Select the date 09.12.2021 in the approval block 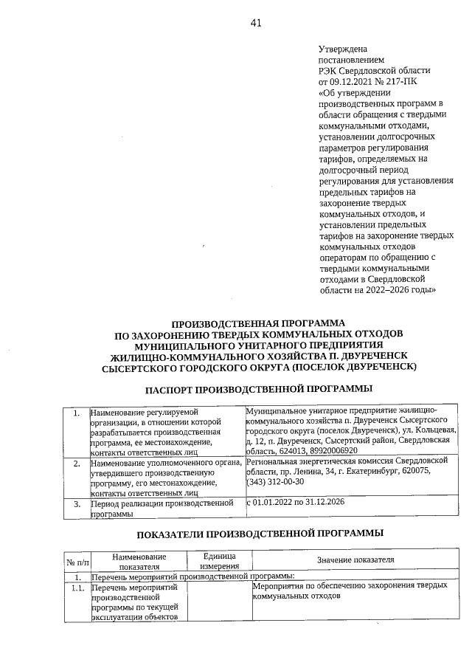point(354,82)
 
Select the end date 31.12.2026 point(340,503)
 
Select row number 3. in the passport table point(75,504)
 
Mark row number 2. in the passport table point(75,463)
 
